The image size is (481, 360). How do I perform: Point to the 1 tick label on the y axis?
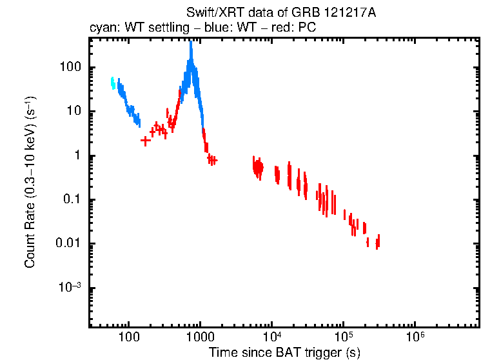coord(77,155)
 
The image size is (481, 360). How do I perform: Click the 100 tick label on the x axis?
coord(129,336)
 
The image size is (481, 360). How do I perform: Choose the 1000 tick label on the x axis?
coord(200,336)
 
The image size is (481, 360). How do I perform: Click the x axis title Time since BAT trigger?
coord(284,352)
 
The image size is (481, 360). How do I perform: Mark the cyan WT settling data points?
coord(113,83)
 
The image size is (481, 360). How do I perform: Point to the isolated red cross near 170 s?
coord(146,141)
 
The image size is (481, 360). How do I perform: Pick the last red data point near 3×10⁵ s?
coord(378,241)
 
